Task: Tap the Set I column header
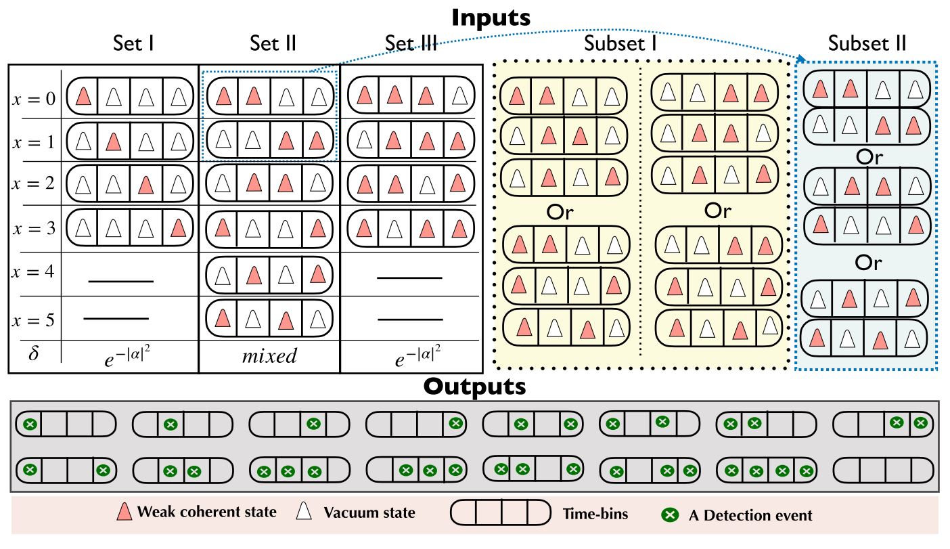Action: coord(133,45)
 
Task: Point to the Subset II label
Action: coord(867,45)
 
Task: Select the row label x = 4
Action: coord(34,273)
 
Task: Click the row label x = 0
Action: coord(34,98)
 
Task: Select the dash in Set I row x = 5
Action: coord(116,317)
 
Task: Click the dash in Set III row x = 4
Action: coord(409,278)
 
